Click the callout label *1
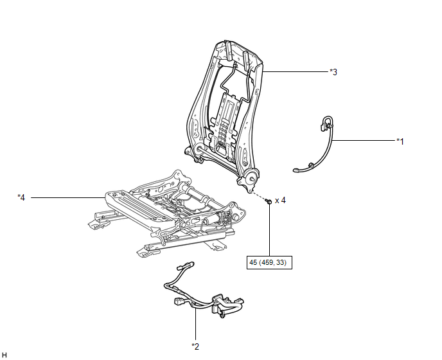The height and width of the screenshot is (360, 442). [400, 141]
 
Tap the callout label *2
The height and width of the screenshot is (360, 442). [195, 346]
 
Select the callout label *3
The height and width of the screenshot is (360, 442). [333, 72]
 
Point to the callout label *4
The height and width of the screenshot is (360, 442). [21, 197]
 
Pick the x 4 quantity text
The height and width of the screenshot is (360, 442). [280, 201]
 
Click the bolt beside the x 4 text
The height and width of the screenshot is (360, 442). [269, 201]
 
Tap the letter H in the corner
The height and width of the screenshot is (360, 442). [4, 355]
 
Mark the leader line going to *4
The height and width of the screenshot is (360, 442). [67, 197]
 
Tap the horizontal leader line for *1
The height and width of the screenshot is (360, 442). [364, 140]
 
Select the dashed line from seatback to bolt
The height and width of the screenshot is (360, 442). [259, 196]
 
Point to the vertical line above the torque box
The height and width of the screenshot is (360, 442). [269, 230]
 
